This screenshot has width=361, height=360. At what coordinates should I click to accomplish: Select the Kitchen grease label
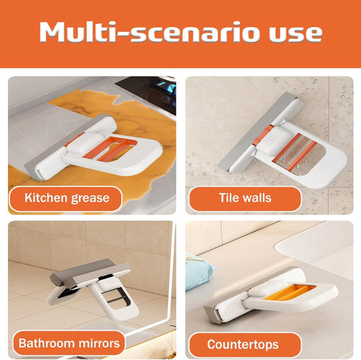coord(66,197)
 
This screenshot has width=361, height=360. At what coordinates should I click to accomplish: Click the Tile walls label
coord(245,198)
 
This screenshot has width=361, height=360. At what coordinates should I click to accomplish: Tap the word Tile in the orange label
coord(230,198)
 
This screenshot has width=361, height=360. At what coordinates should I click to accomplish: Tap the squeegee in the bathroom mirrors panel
coord(90,286)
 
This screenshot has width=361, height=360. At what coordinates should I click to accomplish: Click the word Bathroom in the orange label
coord(47,341)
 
